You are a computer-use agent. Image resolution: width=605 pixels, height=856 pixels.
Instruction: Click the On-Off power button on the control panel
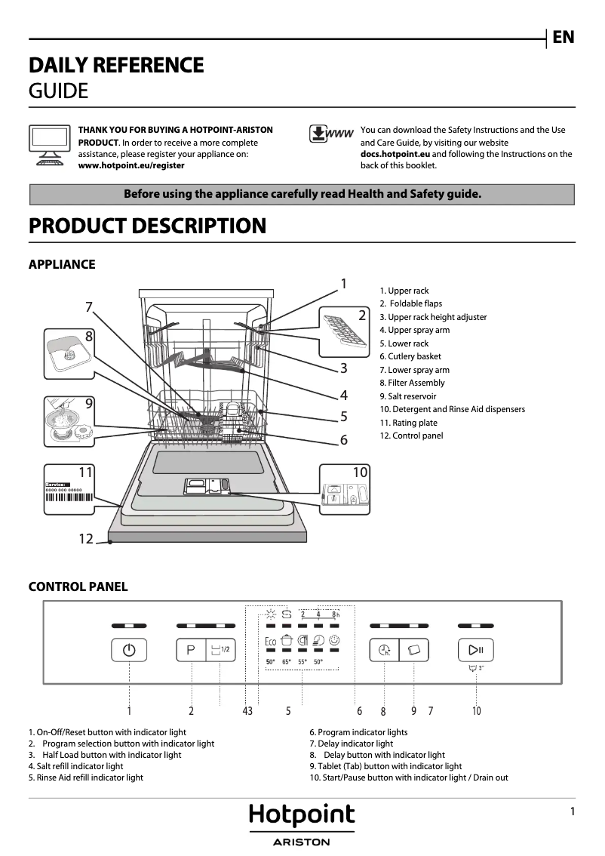(129, 650)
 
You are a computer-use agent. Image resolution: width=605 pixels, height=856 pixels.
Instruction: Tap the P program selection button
(191, 650)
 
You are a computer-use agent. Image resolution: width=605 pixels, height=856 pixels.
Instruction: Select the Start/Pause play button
(476, 650)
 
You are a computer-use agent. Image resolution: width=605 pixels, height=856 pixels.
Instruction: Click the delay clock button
(385, 650)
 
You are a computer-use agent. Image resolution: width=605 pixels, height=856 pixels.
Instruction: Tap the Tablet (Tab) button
(414, 650)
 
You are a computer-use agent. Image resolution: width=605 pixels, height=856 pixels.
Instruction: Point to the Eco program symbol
(270, 642)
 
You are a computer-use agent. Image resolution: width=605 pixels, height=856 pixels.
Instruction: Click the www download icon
(332, 134)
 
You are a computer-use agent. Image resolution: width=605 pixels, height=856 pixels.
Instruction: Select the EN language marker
(564, 38)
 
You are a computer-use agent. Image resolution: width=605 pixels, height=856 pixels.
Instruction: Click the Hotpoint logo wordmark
(302, 816)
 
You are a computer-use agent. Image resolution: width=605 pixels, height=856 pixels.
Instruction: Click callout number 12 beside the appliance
(86, 539)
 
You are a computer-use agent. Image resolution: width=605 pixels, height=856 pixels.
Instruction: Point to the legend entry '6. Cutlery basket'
(410, 356)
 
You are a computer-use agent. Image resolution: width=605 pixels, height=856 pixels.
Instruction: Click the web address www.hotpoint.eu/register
(131, 165)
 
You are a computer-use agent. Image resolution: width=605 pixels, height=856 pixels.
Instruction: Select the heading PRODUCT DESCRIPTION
(147, 226)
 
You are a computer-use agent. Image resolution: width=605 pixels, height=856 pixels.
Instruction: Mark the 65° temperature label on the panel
(287, 662)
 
